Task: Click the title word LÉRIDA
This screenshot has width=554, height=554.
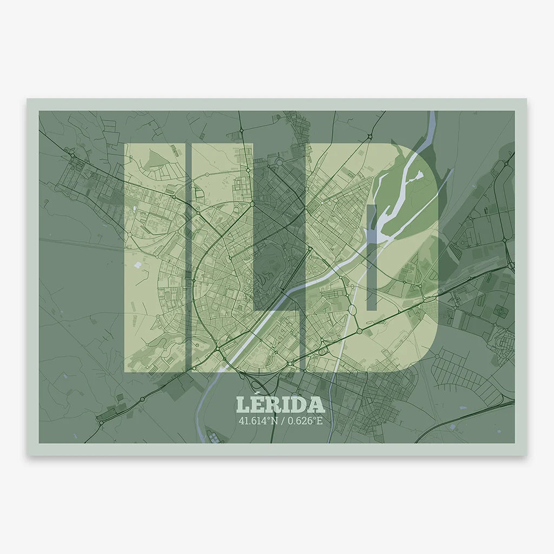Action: click(x=280, y=405)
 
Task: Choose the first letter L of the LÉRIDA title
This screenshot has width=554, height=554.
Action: click(x=242, y=405)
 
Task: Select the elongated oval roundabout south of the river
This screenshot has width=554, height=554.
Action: click(x=352, y=310)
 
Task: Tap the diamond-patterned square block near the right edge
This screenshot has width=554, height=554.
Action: click(x=500, y=312)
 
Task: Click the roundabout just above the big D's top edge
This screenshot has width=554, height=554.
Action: click(x=370, y=135)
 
